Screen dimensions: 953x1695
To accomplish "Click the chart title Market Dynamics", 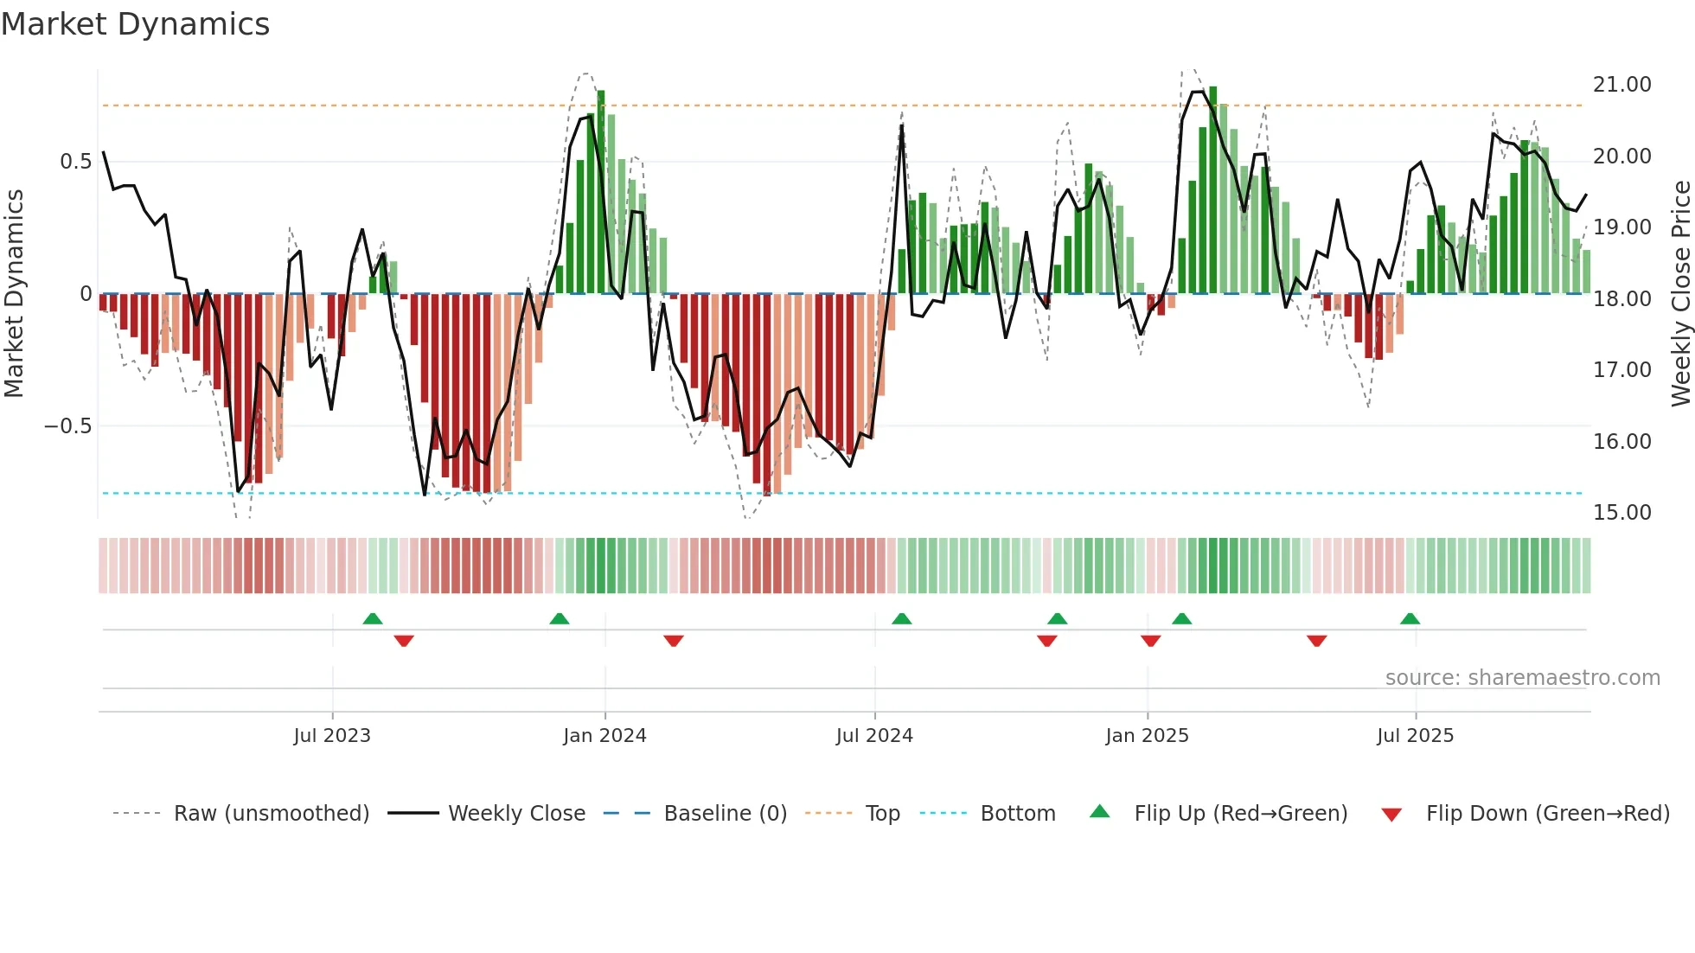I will [x=136, y=24].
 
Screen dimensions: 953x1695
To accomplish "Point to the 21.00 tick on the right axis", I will [x=1621, y=85].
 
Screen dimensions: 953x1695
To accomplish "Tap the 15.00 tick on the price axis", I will [x=1621, y=513].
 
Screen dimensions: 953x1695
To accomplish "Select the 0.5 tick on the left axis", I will [x=75, y=162].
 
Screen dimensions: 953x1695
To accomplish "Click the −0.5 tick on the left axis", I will [x=67, y=426].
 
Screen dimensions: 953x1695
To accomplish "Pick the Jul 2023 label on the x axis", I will [x=332, y=736].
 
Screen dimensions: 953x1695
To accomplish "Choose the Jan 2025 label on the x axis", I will [x=1147, y=736].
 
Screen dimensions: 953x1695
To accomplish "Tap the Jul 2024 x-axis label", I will [x=874, y=736].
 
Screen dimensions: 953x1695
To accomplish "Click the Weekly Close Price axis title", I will [x=1680, y=294].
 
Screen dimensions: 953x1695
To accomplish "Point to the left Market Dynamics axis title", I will [x=14, y=294].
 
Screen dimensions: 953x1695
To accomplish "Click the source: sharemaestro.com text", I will [x=1522, y=678].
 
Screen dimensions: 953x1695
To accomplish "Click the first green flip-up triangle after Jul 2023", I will [x=373, y=619].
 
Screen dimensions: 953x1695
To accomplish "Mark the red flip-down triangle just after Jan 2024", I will [x=674, y=641].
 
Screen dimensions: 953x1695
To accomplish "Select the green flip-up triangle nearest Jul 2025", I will [x=1410, y=619].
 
